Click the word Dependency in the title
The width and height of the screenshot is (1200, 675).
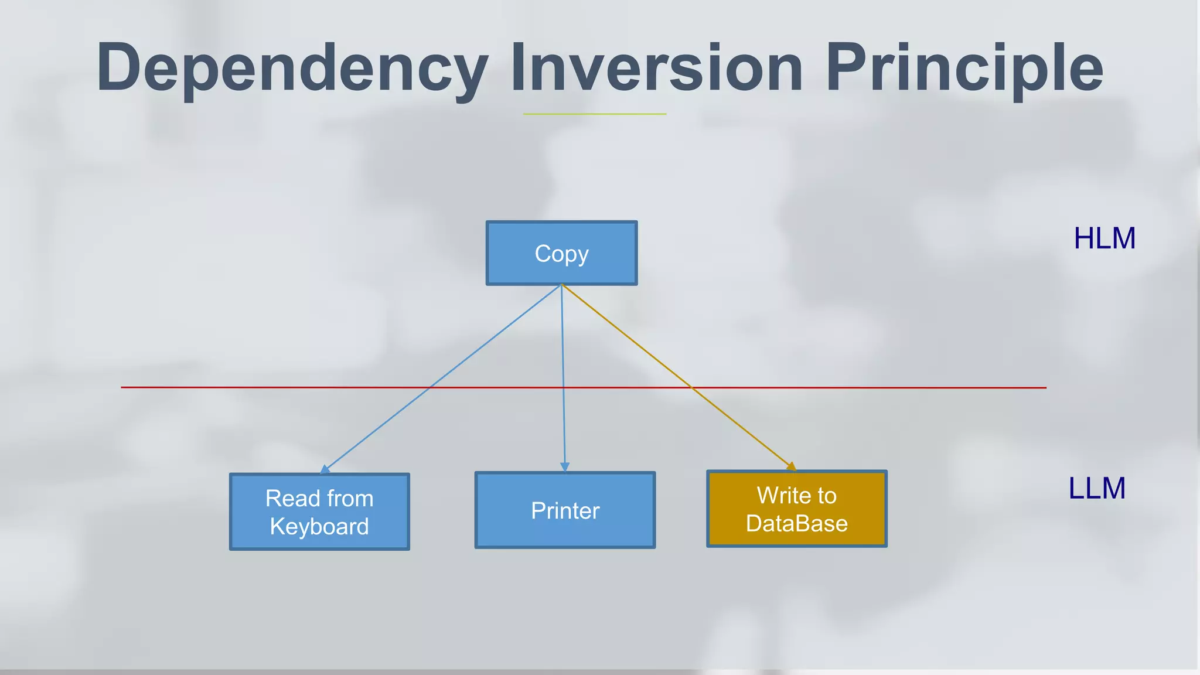pos(292,69)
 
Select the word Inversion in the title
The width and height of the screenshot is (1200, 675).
pos(656,68)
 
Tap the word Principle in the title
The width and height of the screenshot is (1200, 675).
pos(964,69)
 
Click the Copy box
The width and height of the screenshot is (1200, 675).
pos(561,253)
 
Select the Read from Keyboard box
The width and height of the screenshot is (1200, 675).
pos(319,512)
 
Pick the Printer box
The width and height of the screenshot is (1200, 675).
pos(565,510)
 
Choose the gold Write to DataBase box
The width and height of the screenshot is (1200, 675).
pos(796,509)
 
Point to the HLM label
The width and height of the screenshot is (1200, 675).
pos(1104,238)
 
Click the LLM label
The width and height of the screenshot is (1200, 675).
pos(1097,488)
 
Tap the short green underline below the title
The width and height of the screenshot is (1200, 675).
pos(594,114)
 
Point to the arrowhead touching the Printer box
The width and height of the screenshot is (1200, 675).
pos(565,467)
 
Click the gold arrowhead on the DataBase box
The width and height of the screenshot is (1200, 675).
pos(792,466)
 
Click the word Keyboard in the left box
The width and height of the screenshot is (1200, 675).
pos(319,526)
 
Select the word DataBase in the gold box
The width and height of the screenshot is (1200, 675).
pos(796,523)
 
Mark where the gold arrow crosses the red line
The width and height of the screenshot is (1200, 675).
pos(692,387)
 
